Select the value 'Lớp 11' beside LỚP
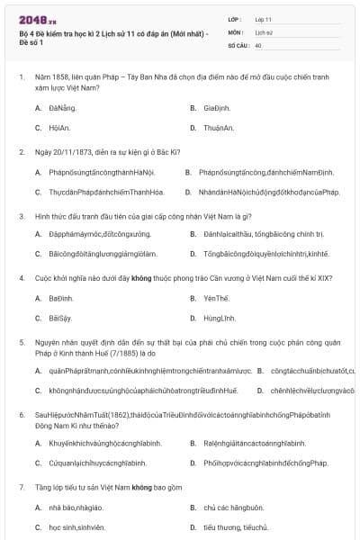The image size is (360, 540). click(x=264, y=18)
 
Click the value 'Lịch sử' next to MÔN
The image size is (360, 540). click(x=264, y=31)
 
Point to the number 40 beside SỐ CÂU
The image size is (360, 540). click(x=258, y=45)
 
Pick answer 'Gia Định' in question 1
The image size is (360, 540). click(x=217, y=107)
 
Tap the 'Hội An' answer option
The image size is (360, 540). click(x=60, y=128)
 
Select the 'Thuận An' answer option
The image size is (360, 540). click(x=219, y=128)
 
